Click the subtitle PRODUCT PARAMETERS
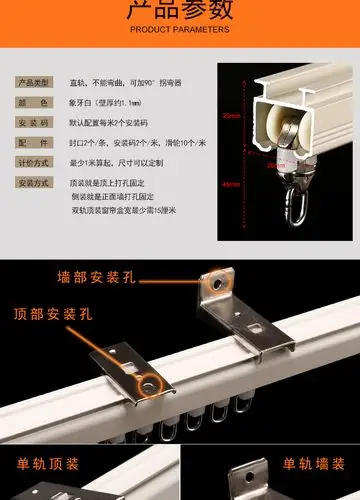point(180,30)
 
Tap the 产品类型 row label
point(36,81)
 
